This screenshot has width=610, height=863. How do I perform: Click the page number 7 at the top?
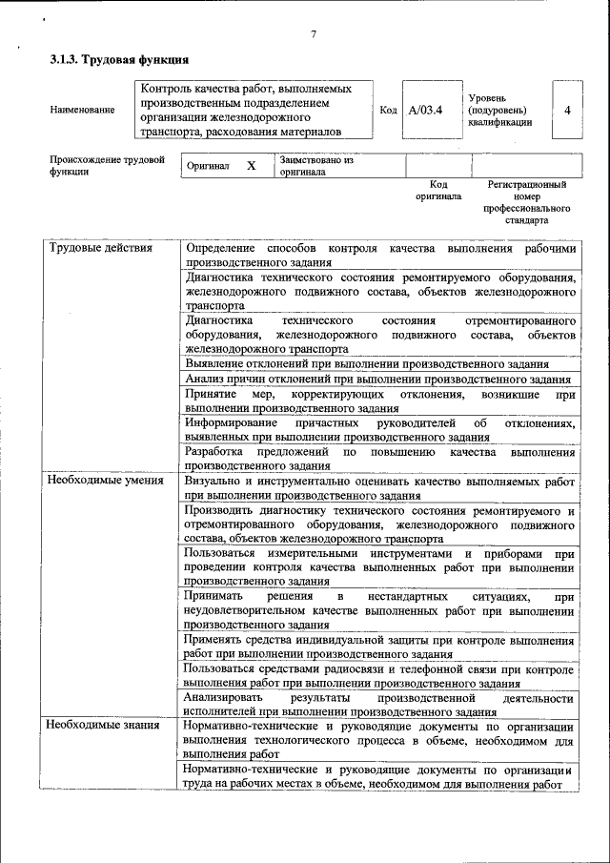[x=313, y=35]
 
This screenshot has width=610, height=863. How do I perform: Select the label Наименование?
[x=82, y=110]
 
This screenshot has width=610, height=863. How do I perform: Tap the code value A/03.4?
[x=425, y=110]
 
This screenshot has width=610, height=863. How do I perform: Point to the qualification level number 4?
[x=567, y=110]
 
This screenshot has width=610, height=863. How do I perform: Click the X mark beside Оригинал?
[x=252, y=165]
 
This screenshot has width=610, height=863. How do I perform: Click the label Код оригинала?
[x=438, y=189]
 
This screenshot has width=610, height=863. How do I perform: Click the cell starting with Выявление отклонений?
[x=367, y=364]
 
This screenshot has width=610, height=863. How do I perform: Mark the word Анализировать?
[x=226, y=698]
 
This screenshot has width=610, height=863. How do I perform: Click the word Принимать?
[x=217, y=596]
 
